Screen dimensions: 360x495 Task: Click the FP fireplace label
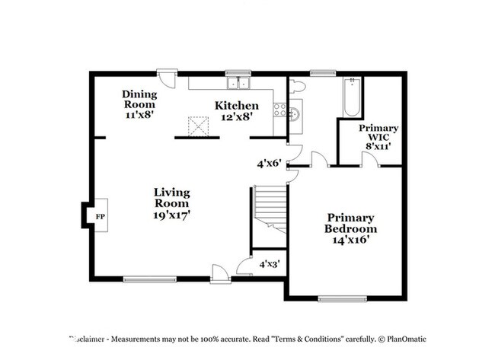tap(100, 216)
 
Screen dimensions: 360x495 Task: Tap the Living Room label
tap(171, 203)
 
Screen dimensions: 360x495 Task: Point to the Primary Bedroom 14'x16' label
tap(350, 228)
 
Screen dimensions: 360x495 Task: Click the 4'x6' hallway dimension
tap(269, 163)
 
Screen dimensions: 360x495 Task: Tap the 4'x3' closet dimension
tap(269, 265)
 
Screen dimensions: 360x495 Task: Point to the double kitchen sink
tap(243, 84)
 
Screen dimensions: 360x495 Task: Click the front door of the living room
tap(220, 273)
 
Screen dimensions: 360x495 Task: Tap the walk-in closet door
tap(369, 159)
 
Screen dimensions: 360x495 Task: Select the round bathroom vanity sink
tap(295, 112)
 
